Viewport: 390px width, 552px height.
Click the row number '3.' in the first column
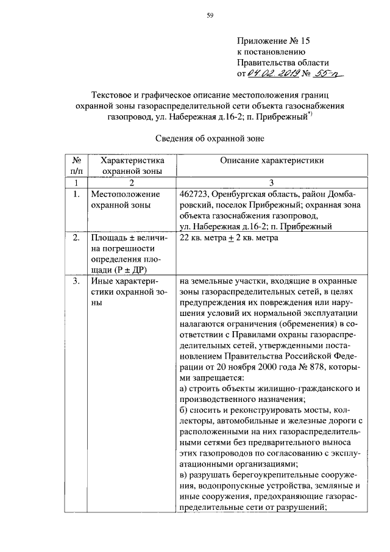pos(76,281)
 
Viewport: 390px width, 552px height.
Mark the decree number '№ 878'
pos(322,367)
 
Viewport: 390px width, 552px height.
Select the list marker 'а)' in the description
pos(184,389)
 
